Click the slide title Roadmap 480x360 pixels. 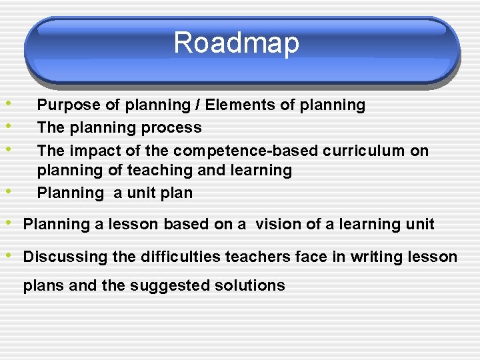coord(237,43)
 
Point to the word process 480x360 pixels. coord(175,128)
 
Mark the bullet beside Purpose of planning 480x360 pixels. coord(6,103)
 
